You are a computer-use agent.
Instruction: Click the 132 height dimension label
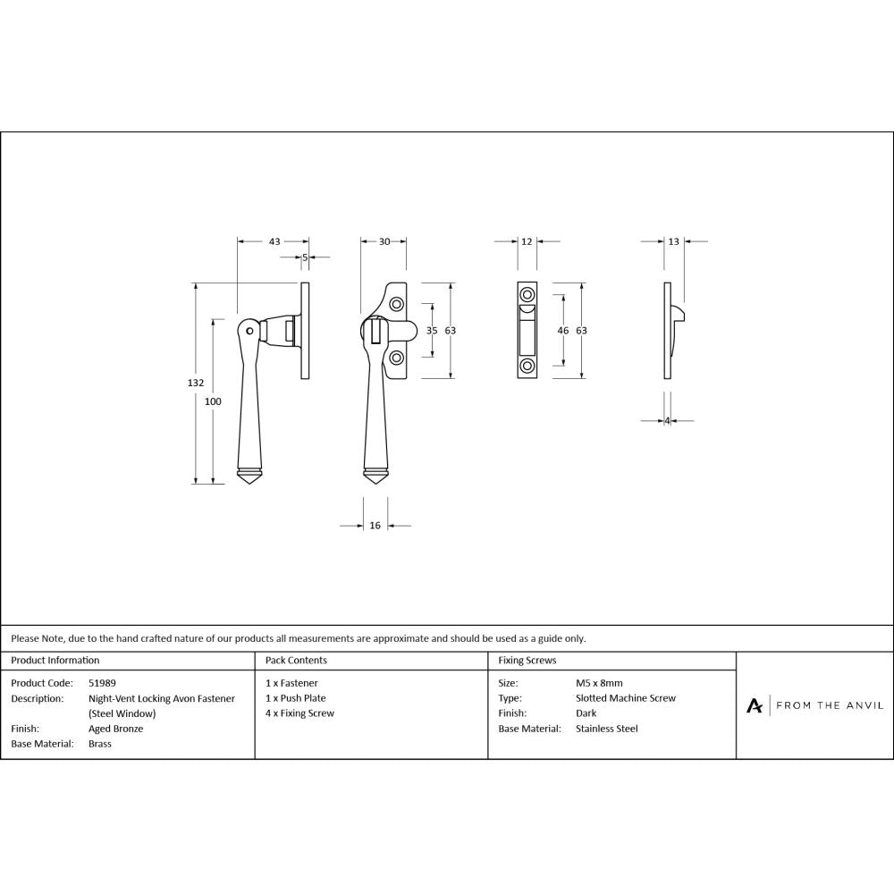click(195, 383)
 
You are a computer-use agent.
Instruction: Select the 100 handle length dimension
click(213, 401)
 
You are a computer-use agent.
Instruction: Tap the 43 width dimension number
click(274, 241)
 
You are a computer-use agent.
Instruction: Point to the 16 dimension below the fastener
click(375, 526)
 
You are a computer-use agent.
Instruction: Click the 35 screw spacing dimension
click(432, 331)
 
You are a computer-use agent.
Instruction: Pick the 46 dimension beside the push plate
click(563, 331)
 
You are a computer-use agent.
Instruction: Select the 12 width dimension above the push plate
click(527, 241)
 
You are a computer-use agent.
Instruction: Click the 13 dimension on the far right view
click(673, 241)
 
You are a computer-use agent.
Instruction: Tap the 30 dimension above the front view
click(384, 241)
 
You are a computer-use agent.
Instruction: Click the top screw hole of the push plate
click(527, 295)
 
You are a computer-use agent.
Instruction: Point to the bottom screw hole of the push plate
click(527, 366)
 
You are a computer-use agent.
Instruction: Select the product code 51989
click(102, 683)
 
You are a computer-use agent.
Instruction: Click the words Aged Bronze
click(115, 729)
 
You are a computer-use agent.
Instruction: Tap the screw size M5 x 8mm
click(599, 683)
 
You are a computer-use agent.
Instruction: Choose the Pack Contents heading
click(296, 661)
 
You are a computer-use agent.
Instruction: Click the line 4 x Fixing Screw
click(299, 713)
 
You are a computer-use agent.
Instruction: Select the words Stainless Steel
click(607, 729)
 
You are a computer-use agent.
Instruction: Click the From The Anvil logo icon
click(755, 705)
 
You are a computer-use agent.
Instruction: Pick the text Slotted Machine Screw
click(626, 698)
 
